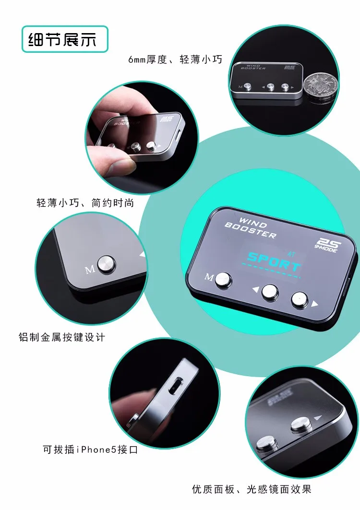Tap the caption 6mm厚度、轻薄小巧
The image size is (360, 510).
[175, 60]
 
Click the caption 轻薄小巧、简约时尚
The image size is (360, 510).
[85, 203]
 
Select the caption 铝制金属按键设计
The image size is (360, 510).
[61, 337]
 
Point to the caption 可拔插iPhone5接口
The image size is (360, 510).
[90, 450]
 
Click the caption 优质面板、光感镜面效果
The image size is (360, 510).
[252, 489]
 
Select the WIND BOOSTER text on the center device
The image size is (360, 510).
[251, 227]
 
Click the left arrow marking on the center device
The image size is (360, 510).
[255, 289]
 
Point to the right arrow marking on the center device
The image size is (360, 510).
[314, 304]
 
